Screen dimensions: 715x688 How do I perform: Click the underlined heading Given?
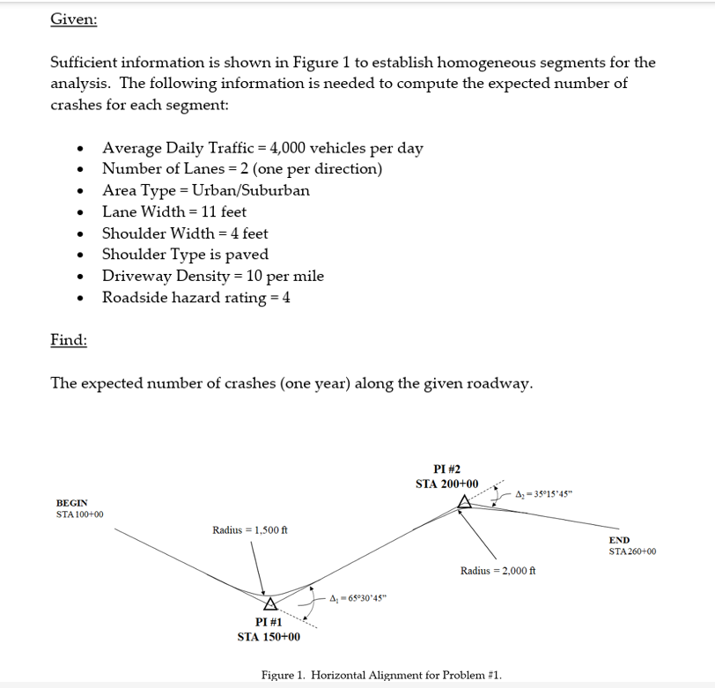pos(73,19)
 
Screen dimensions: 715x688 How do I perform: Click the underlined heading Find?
pos(68,340)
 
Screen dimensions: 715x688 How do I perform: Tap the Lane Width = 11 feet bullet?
pos(174,211)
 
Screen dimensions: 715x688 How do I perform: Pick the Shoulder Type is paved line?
pos(185,255)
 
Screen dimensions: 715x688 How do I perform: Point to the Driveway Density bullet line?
pos(213,276)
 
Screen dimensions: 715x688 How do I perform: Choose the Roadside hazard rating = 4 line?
pos(196,298)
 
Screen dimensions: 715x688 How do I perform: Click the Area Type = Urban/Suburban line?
pos(206,190)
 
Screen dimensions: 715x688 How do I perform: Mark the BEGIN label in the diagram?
pos(72,503)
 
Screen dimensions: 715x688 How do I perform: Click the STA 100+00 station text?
pos(80,514)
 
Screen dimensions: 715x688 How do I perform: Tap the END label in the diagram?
pos(619,540)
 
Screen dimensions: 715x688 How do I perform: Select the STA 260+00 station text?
pos(632,551)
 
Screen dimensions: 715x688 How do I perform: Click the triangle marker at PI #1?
pos(271,603)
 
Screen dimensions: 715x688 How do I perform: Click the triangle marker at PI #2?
pos(464,502)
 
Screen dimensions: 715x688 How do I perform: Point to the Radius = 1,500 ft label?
pos(250,529)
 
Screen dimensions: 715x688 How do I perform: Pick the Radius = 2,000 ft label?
pos(498,571)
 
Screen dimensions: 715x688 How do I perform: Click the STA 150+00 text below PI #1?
pos(269,637)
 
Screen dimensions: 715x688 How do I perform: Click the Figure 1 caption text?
pos(381,675)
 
